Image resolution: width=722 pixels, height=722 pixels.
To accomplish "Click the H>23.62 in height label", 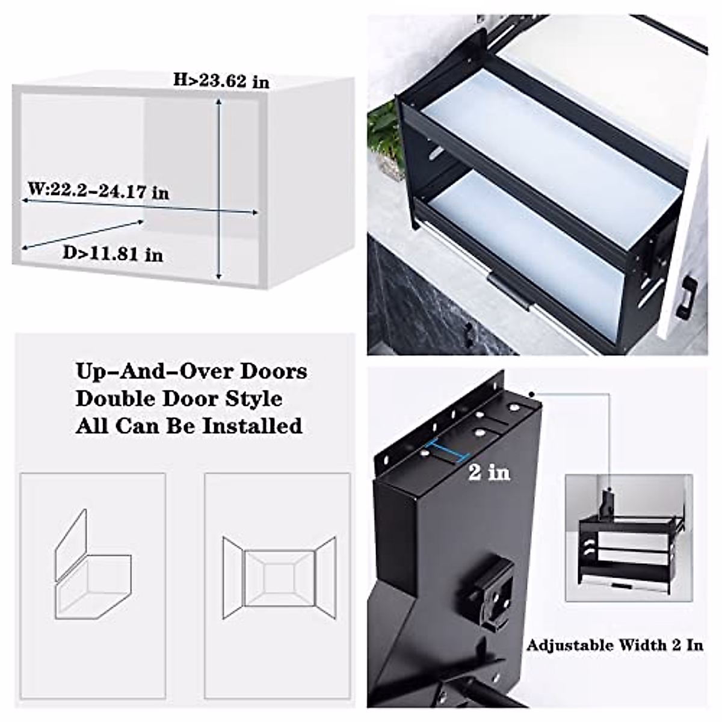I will (221, 80).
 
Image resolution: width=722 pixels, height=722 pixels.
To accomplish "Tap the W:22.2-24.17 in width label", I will (98, 191).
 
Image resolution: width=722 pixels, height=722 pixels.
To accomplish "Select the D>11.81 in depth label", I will (113, 254).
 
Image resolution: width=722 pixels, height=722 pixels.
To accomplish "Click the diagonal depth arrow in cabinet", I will (83, 235).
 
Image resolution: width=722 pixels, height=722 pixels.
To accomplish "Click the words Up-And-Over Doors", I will (191, 371).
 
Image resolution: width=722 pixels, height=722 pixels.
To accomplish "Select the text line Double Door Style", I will (179, 398).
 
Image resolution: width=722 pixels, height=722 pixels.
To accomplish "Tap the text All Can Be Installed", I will (189, 426).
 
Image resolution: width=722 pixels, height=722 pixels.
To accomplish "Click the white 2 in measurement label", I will (489, 472).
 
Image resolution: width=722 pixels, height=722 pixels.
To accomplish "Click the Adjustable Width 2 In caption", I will (614, 645).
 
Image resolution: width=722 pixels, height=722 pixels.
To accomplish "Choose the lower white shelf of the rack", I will (529, 241).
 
